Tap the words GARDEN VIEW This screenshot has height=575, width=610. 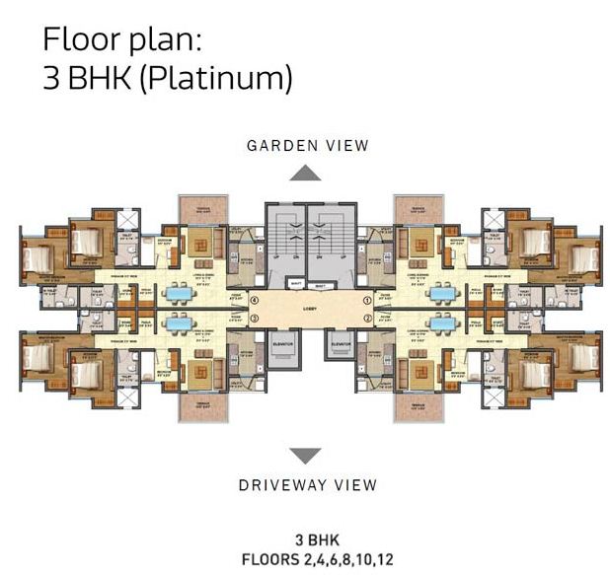pyautogui.click(x=307, y=146)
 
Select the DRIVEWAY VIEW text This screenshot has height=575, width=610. pyautogui.click(x=307, y=484)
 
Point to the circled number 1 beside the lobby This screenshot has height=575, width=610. pyautogui.click(x=365, y=299)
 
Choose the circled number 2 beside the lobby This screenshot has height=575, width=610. pyautogui.click(x=365, y=319)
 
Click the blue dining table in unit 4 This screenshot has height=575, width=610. pyautogui.click(x=180, y=293)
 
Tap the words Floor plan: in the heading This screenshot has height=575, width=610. pyautogui.click(x=122, y=41)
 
